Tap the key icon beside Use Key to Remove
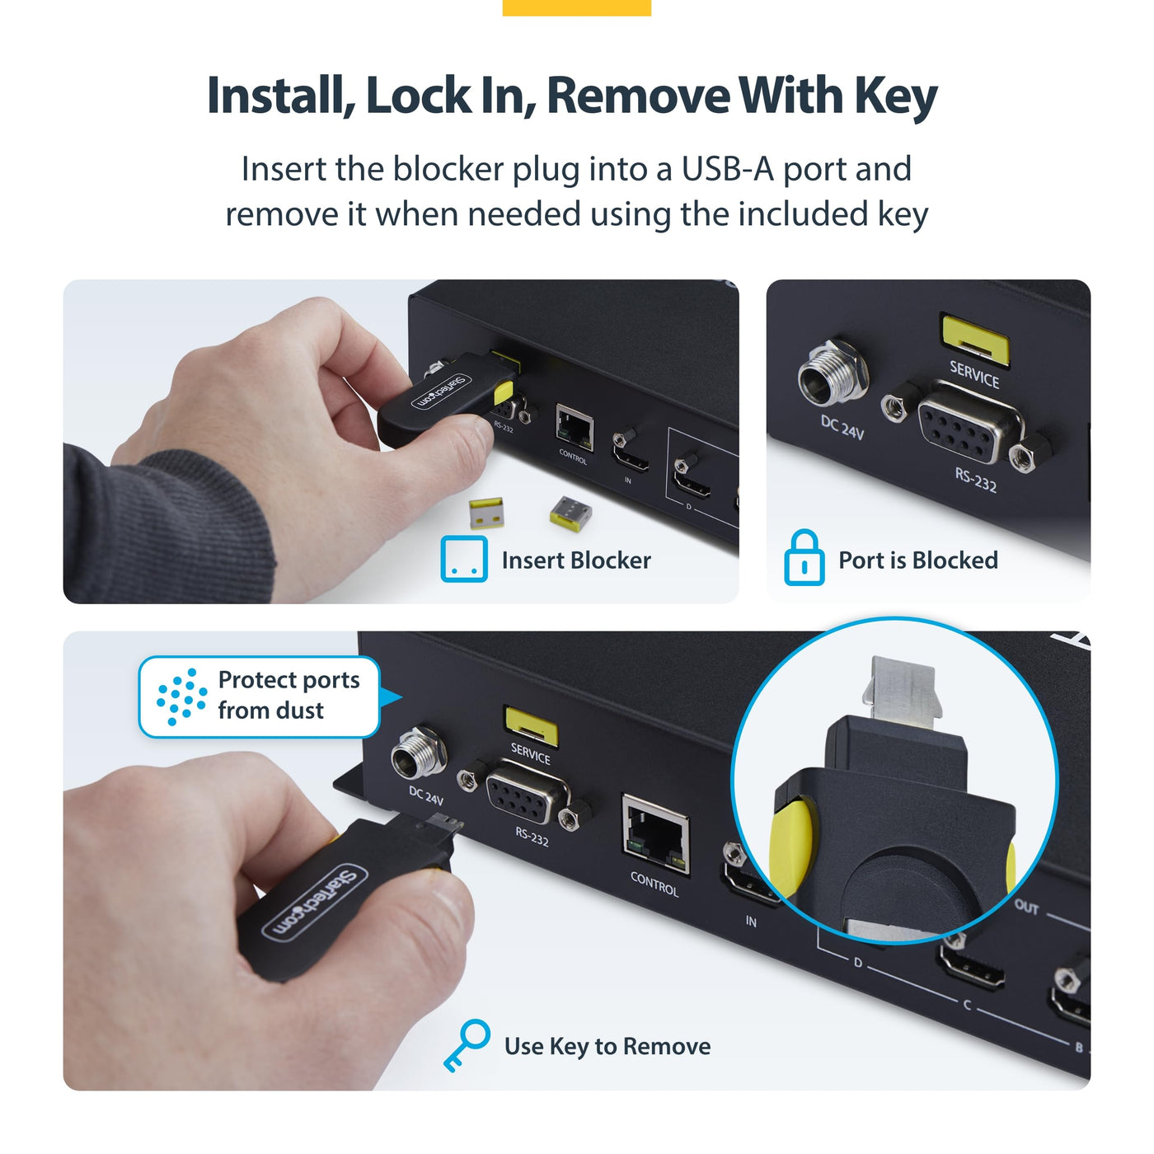(467, 1045)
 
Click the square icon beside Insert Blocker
(463, 559)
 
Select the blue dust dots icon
(181, 697)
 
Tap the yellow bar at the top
(576, 7)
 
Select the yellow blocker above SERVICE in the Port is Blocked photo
(974, 340)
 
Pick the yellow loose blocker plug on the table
(486, 514)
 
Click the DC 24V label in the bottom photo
(426, 795)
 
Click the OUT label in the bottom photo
(1026, 908)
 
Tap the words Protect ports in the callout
(288, 680)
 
